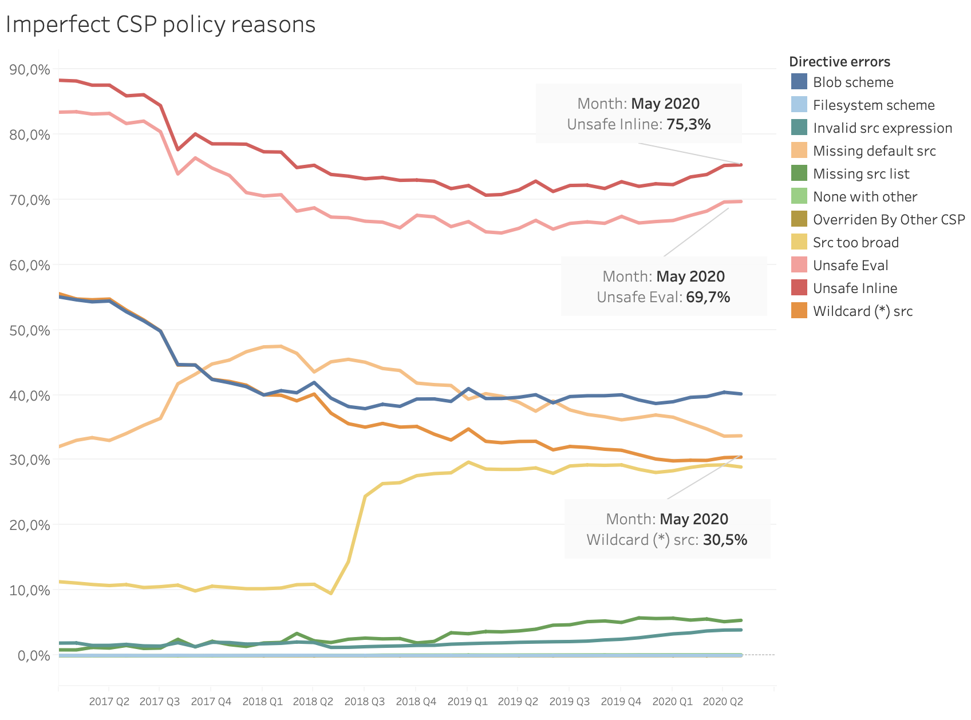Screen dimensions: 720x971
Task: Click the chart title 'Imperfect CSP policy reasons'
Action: tap(160, 25)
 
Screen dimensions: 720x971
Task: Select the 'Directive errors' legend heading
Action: tap(839, 62)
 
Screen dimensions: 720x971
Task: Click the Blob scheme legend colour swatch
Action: tap(799, 82)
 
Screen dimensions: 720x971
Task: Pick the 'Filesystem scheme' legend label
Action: tap(874, 105)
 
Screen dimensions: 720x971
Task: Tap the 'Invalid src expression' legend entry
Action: tap(882, 128)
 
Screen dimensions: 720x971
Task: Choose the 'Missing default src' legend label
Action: tap(874, 151)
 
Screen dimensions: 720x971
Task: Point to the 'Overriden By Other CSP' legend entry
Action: tap(889, 220)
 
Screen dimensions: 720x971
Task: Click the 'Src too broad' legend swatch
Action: tap(799, 242)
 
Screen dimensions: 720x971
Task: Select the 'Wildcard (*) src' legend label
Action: tap(863, 311)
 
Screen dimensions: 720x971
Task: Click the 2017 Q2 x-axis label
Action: tap(109, 702)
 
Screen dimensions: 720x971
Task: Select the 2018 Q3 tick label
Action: tap(364, 702)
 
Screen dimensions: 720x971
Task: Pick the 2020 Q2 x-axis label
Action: tap(723, 702)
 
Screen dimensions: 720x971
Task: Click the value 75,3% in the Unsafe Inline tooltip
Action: tap(688, 124)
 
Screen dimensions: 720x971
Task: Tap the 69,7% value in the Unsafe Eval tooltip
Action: tap(708, 297)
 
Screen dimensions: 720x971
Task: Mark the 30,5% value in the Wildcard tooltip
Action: tap(725, 540)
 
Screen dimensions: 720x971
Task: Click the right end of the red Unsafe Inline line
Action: tap(741, 165)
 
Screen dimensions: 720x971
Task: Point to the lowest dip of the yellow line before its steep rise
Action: tap(331, 594)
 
